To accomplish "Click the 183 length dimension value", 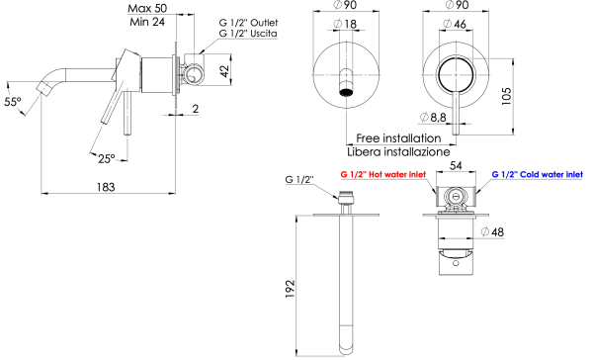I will [106, 187].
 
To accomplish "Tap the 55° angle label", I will [12, 101].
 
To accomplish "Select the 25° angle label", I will [106, 157].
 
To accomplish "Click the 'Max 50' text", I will [147, 8].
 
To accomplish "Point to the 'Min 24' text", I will [147, 22].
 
